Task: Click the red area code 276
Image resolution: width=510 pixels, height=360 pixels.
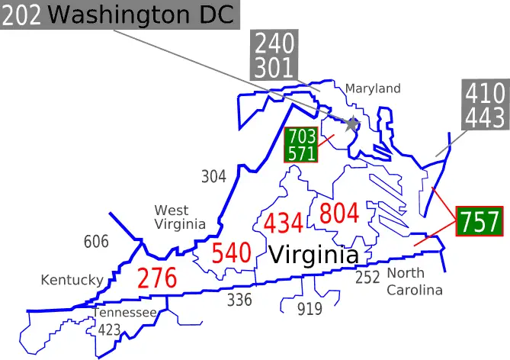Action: click(x=157, y=278)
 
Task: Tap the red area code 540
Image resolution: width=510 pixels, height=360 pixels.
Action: click(x=231, y=253)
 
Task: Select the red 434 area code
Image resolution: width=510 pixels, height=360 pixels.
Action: click(x=284, y=223)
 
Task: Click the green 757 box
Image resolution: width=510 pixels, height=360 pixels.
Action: click(x=480, y=222)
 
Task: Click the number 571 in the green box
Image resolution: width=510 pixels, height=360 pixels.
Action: click(x=300, y=153)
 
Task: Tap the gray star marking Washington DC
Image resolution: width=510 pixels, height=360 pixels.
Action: click(x=351, y=123)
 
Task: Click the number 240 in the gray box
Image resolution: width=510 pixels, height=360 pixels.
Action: click(x=274, y=43)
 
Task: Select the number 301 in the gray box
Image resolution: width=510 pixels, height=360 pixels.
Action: click(x=274, y=67)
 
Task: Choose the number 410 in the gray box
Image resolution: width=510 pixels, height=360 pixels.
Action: click(x=485, y=94)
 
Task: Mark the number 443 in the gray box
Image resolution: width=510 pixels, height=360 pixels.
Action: click(x=485, y=117)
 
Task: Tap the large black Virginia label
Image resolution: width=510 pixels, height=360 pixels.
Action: click(x=313, y=255)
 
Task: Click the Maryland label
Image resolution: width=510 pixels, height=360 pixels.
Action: click(x=373, y=88)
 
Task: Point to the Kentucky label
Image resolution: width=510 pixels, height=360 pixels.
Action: click(x=72, y=280)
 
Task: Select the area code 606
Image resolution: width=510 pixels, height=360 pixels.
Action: click(x=96, y=243)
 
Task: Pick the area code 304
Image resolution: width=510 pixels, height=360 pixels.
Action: click(x=213, y=177)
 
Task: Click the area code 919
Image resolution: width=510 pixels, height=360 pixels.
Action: click(x=310, y=309)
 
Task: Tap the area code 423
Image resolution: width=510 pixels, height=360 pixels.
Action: click(x=109, y=330)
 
